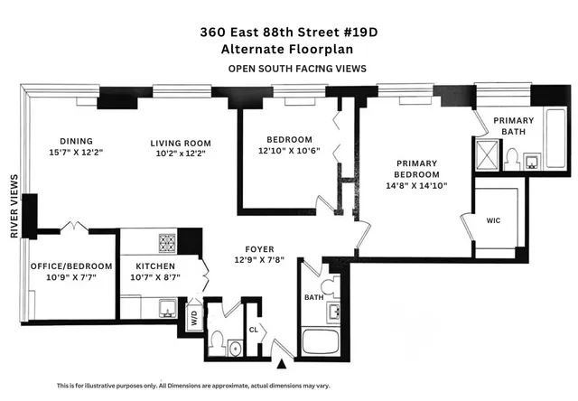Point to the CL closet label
[254, 329]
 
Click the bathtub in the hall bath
[322, 342]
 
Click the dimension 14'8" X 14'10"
[417, 185]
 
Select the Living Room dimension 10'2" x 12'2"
[181, 154]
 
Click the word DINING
[76, 142]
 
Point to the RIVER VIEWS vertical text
[14, 206]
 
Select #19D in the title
[358, 31]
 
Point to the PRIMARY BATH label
[513, 126]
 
